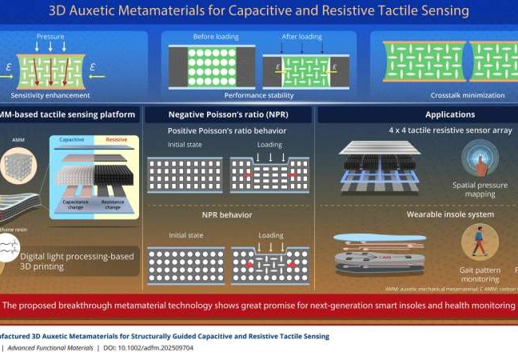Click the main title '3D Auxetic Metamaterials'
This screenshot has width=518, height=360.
258,11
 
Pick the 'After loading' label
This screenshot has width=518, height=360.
301,37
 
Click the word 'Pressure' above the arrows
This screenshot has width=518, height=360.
50,36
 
